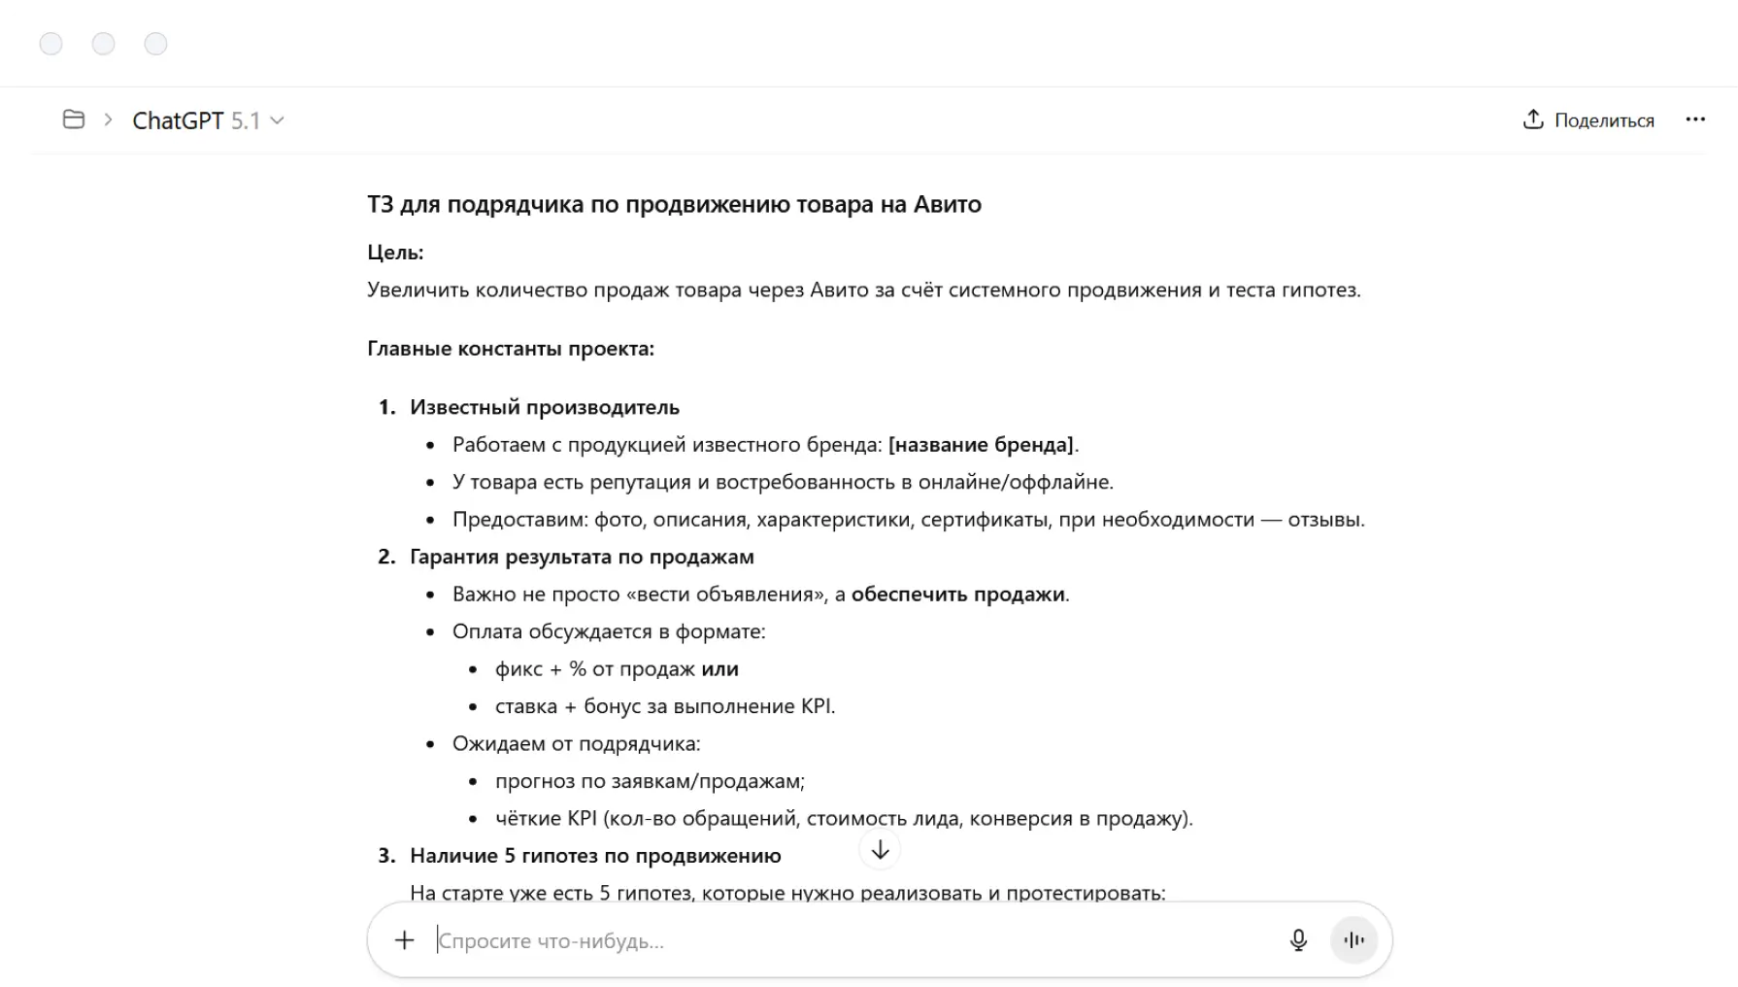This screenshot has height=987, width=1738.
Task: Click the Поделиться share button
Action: point(1588,120)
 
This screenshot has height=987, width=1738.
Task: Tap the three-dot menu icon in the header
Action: point(1695,119)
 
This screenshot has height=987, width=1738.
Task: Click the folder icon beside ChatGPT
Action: point(74,119)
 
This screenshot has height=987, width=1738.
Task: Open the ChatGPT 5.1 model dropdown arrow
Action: point(278,120)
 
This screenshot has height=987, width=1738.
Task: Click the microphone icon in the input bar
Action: point(1298,940)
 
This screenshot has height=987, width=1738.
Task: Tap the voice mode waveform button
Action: point(1354,940)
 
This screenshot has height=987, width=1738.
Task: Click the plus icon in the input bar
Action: point(404,940)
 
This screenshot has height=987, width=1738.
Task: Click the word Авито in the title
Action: point(947,204)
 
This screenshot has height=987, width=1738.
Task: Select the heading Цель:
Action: point(395,253)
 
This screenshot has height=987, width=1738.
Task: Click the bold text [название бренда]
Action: point(981,445)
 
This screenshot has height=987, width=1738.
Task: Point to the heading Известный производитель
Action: point(544,407)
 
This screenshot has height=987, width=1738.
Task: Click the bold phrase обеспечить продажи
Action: point(957,595)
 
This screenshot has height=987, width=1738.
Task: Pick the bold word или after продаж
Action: point(719,669)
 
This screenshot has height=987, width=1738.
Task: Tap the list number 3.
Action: point(386,856)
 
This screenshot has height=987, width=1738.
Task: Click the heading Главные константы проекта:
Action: point(511,349)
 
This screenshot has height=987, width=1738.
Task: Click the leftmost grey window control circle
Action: point(50,44)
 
